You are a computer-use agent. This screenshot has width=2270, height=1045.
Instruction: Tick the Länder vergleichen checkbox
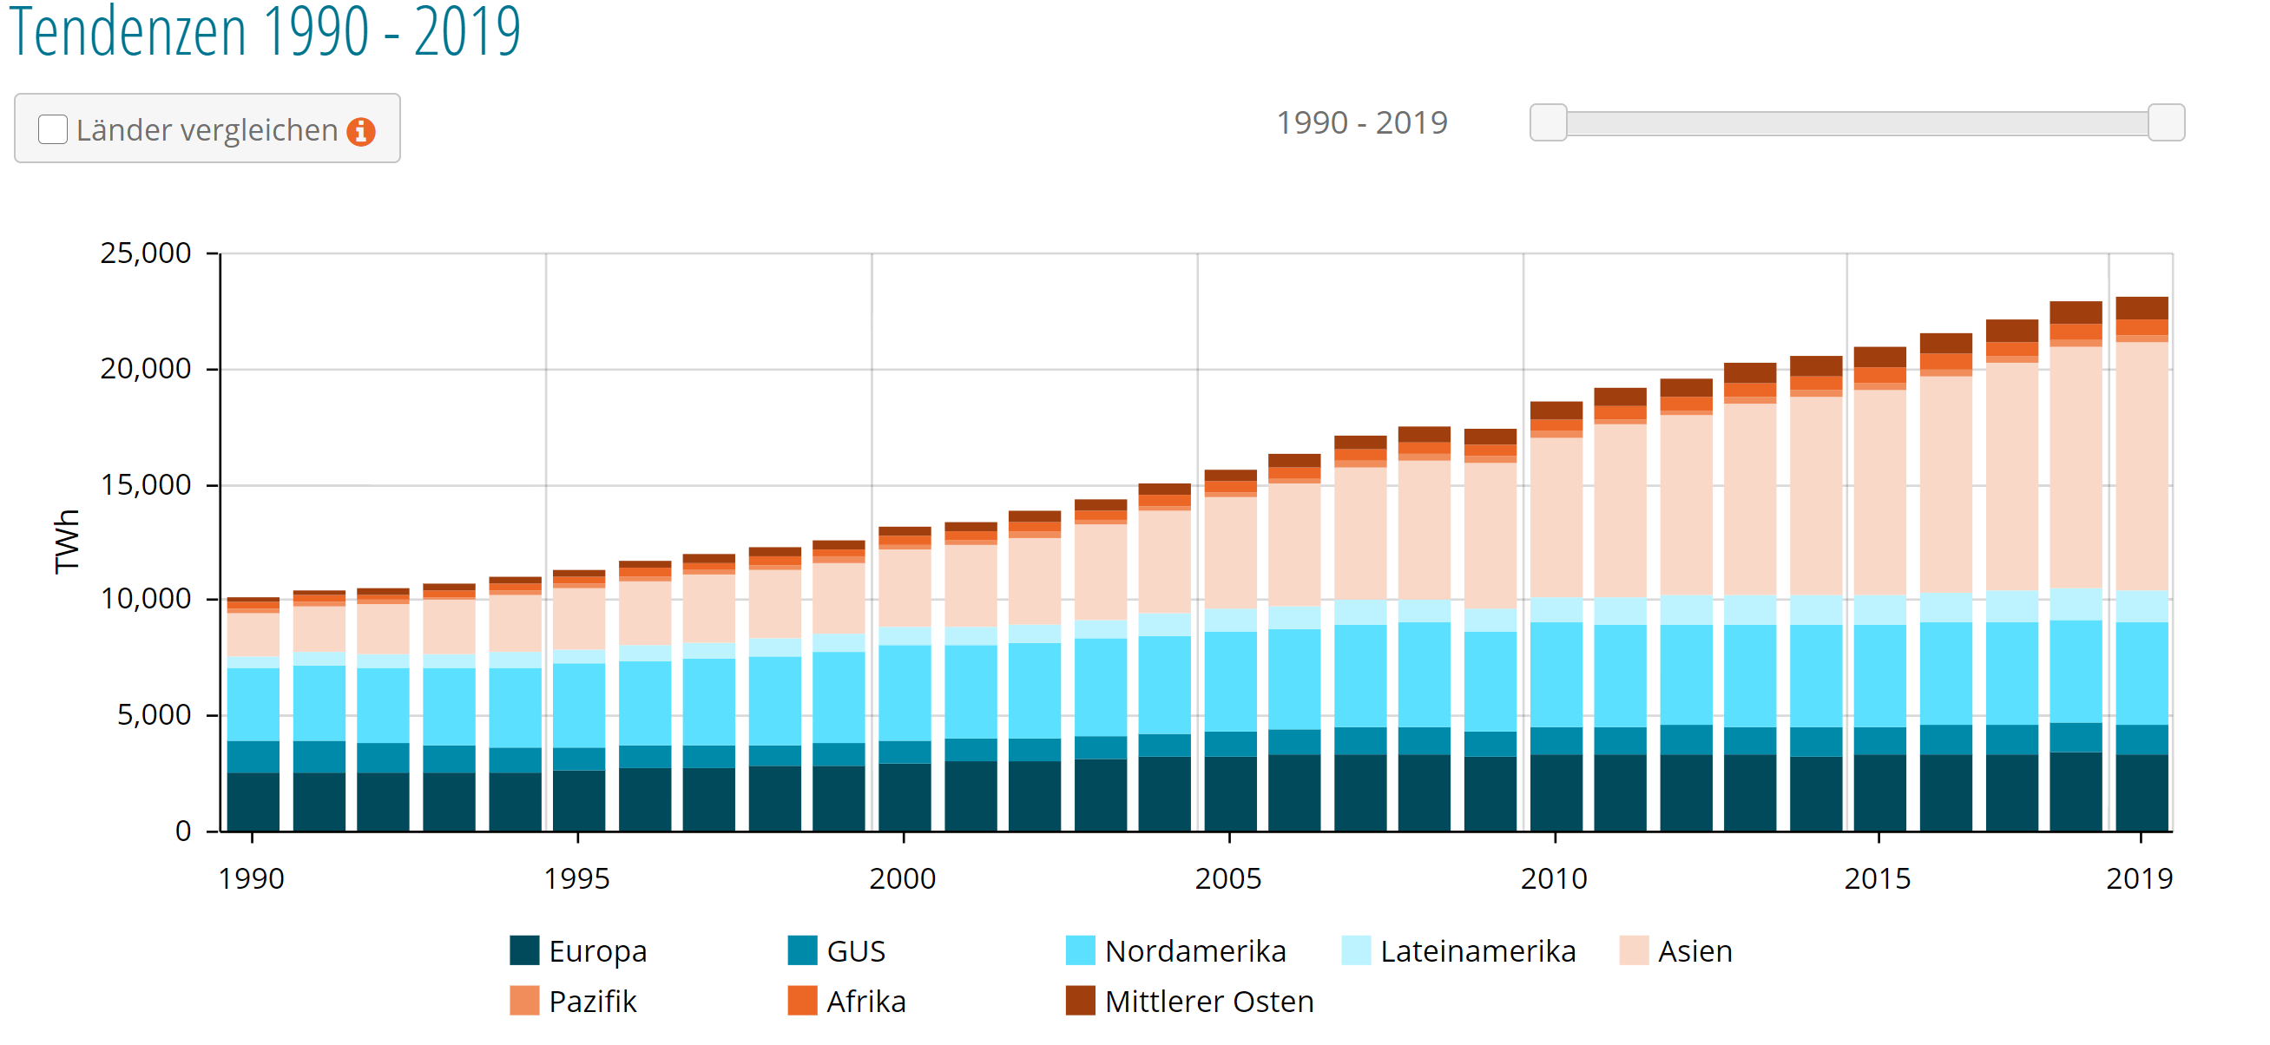(53, 129)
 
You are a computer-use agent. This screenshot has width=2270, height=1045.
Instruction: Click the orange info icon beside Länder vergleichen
(360, 131)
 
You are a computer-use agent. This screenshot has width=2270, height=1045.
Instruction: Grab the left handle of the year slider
(1548, 122)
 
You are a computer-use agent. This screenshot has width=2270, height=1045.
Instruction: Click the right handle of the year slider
(2165, 122)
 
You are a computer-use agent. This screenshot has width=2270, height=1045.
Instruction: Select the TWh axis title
(67, 541)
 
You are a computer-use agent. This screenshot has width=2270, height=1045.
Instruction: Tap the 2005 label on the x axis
(1227, 878)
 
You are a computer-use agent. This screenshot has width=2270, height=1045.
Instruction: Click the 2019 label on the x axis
(2139, 878)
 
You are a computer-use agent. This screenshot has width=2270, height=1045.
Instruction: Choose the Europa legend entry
(596, 951)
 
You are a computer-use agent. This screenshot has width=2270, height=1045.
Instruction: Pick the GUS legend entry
(855, 951)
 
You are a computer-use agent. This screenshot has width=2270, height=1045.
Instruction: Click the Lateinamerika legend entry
(1477, 951)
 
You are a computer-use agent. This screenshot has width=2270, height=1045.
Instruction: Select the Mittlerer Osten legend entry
(1208, 1002)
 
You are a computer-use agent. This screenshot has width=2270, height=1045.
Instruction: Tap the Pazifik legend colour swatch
(524, 1002)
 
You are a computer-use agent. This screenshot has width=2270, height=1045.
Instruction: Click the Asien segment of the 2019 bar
(2142, 467)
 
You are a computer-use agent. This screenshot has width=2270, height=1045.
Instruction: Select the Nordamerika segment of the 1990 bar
(253, 705)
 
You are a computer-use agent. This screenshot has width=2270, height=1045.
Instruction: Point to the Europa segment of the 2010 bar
(1556, 793)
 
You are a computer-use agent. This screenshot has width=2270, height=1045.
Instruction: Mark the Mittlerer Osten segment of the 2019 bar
(2142, 307)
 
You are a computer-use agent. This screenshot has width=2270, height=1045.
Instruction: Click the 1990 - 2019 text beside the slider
(1361, 122)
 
